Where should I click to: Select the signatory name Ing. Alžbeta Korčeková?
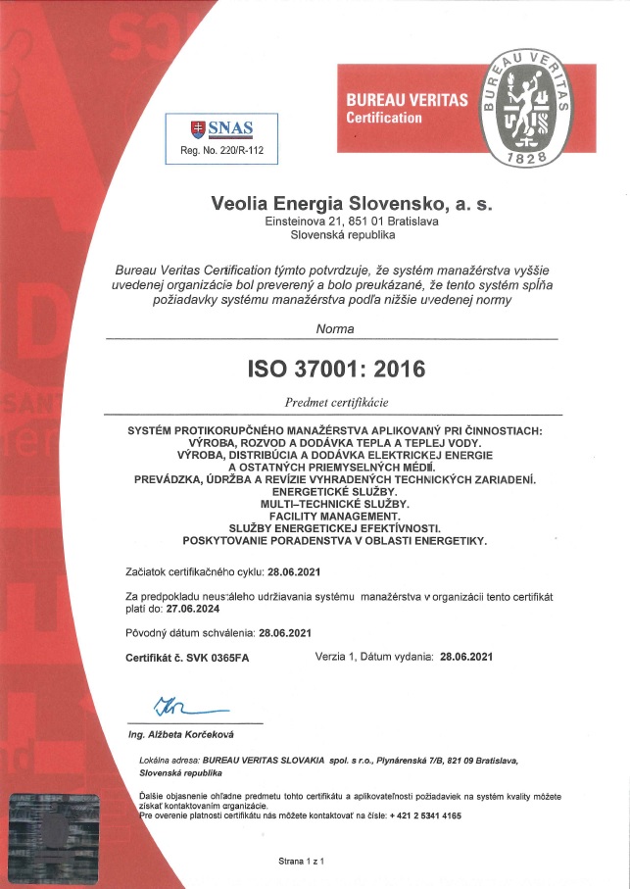coord(181,734)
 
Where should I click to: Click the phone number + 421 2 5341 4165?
coord(424,815)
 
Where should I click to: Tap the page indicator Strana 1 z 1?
coord(302,860)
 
